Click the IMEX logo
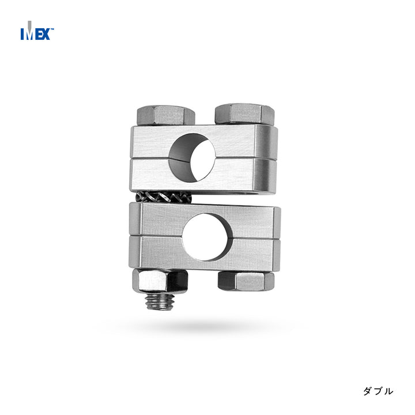click(x=37, y=31)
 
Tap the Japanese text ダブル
click(x=378, y=391)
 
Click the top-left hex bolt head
click(x=166, y=115)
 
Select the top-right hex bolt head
click(x=244, y=114)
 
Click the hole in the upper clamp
click(x=192, y=157)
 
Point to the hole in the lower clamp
click(x=205, y=237)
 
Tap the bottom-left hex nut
click(x=160, y=281)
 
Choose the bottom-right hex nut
click(x=246, y=281)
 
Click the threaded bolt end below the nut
click(x=160, y=301)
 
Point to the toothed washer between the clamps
click(x=163, y=197)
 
